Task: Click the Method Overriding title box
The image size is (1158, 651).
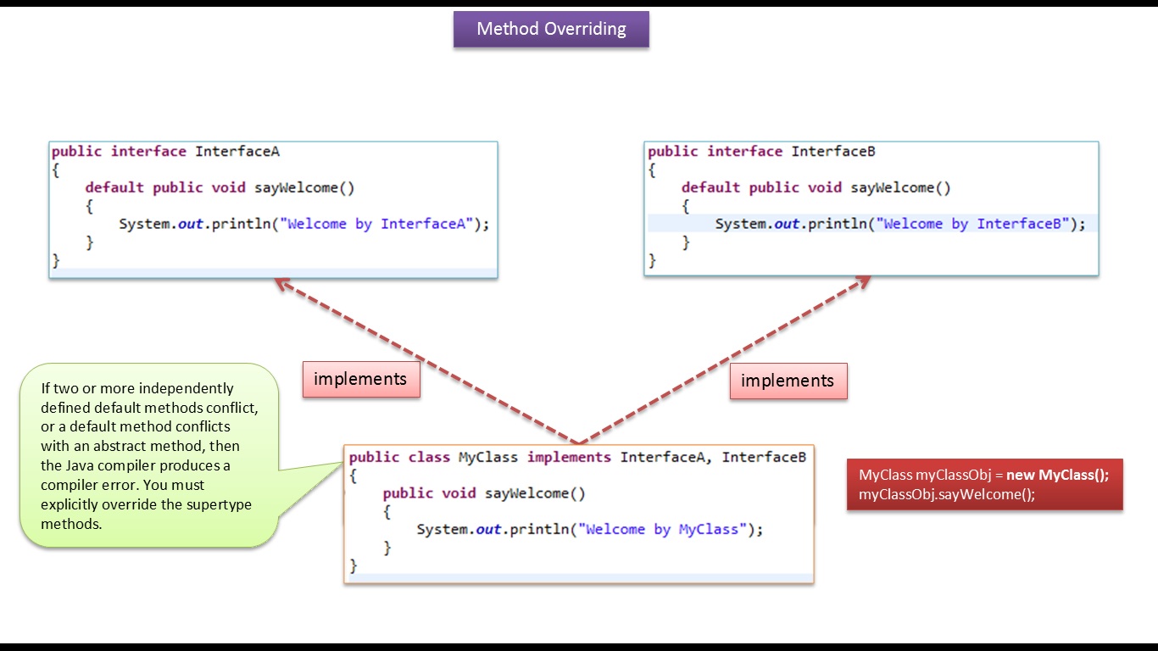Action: [551, 29]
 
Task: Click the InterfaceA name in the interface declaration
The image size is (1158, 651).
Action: [237, 152]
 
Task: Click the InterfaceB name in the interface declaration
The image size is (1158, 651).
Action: [833, 152]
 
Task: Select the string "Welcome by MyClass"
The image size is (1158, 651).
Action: [660, 530]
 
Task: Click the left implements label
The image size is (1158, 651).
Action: [360, 379]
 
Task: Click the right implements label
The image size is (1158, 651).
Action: [788, 381]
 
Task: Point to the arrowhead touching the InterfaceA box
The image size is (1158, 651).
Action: [281, 285]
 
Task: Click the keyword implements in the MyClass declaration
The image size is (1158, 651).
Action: [569, 458]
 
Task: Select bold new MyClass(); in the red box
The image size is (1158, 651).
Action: [1057, 475]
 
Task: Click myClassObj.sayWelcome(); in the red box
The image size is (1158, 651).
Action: [947, 494]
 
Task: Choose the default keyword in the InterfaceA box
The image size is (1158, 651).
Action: [114, 187]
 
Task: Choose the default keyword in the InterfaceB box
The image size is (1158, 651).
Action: [710, 187]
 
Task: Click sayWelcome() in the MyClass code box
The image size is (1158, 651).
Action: [535, 493]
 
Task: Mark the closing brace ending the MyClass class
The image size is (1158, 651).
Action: [354, 565]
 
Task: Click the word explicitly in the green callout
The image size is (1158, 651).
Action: [75, 504]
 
